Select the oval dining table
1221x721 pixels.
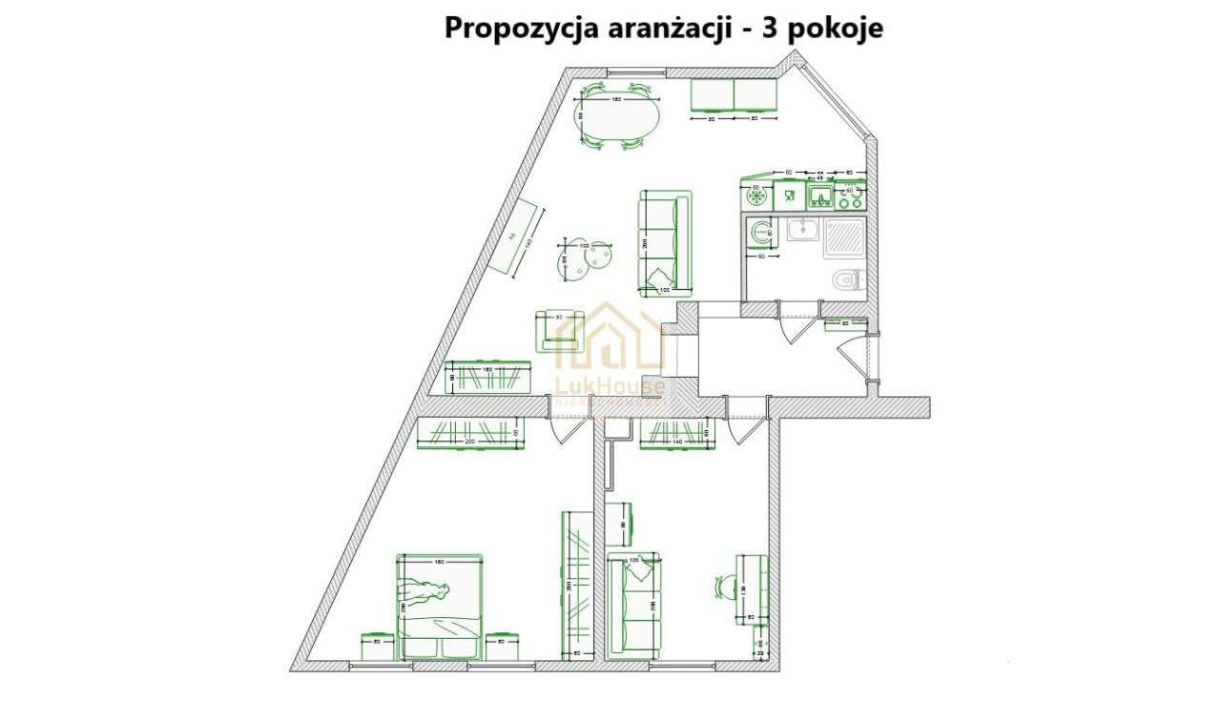[x=615, y=120]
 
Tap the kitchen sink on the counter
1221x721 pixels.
[x=820, y=197]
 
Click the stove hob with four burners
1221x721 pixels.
[x=850, y=197]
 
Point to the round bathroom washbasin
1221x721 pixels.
[x=760, y=232]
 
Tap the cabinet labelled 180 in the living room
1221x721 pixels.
[x=489, y=378]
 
